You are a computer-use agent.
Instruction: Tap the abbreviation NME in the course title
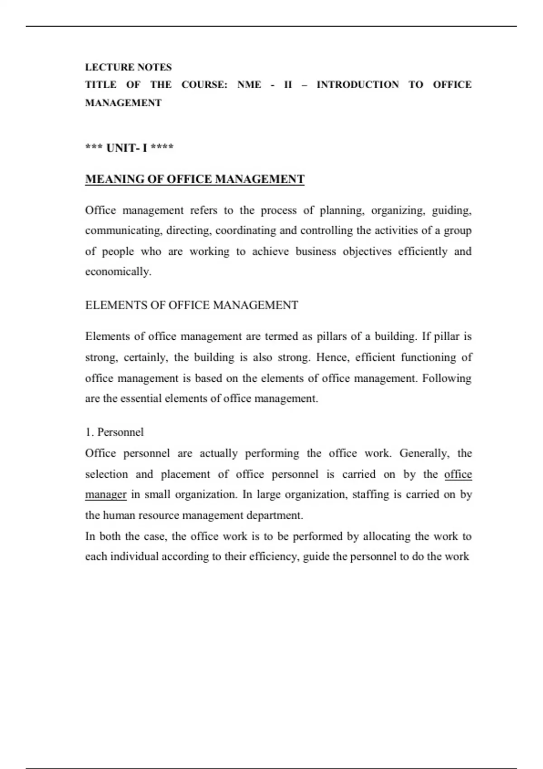[x=249, y=85]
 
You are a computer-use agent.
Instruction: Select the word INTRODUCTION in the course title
[x=357, y=85]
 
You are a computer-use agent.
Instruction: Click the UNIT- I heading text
[x=126, y=148]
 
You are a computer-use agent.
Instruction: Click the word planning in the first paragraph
[x=342, y=211]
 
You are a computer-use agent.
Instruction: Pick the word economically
[x=118, y=272]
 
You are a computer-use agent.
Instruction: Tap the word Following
[x=447, y=378]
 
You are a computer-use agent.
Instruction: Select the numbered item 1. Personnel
[x=114, y=432]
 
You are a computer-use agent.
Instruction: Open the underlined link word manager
[x=105, y=494]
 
